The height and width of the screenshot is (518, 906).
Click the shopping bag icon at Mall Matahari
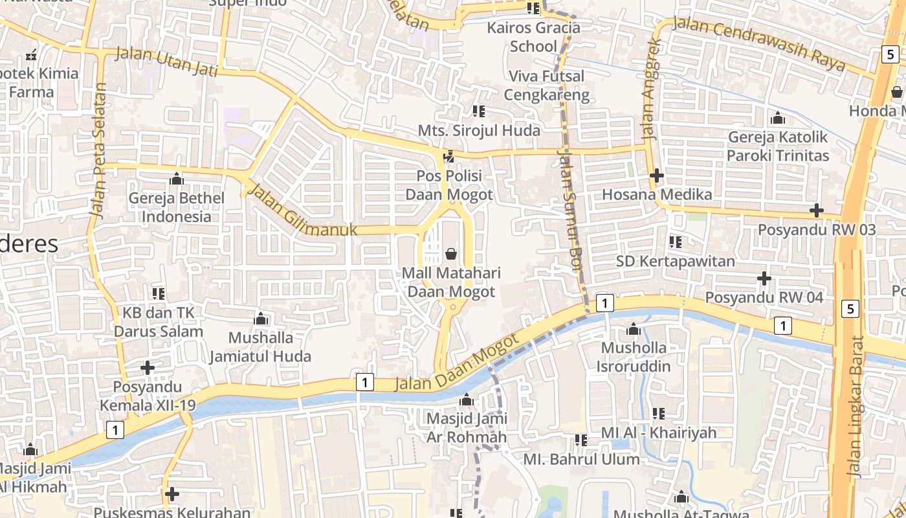pyautogui.click(x=451, y=253)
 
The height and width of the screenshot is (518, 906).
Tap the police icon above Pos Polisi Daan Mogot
pyautogui.click(x=448, y=156)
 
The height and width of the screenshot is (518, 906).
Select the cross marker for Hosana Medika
pyautogui.click(x=657, y=175)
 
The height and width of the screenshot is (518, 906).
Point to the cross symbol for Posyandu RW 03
pyautogui.click(x=817, y=210)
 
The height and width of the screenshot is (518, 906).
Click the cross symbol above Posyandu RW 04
pyautogui.click(x=764, y=278)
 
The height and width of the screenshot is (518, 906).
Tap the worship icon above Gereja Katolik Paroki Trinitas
pyautogui.click(x=778, y=118)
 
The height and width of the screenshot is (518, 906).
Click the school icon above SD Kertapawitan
pyautogui.click(x=676, y=242)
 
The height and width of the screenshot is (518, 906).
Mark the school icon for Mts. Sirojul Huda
pyautogui.click(x=479, y=111)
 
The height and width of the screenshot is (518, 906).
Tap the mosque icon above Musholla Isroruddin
pyautogui.click(x=634, y=329)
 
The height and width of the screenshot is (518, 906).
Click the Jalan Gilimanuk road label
pyautogui.click(x=302, y=211)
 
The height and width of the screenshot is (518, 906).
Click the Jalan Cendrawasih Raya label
pyautogui.click(x=759, y=44)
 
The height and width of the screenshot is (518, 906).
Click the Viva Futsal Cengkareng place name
pyautogui.click(x=547, y=85)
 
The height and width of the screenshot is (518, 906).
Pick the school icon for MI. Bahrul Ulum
pyautogui.click(x=581, y=440)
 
